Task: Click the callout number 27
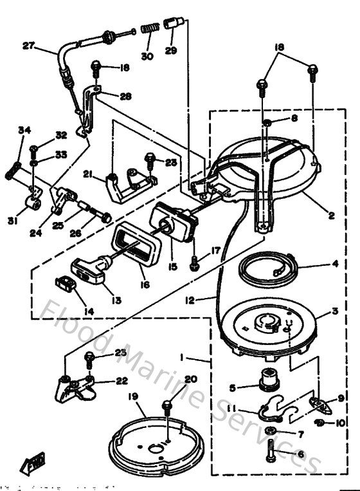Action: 28,46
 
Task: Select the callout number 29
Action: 170,50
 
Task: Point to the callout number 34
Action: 24,130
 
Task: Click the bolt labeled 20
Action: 166,408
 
